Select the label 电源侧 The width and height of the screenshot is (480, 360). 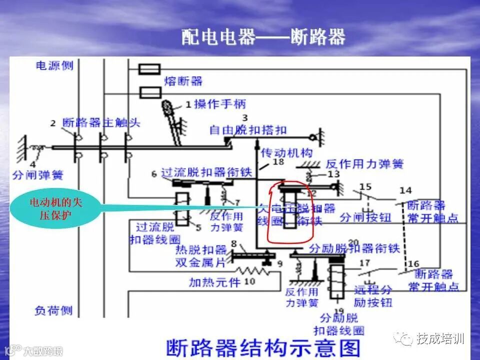click(x=54, y=65)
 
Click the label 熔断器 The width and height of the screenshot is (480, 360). click(x=183, y=81)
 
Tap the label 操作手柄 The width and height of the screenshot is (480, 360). click(x=220, y=104)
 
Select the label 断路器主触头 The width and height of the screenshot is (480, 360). click(x=101, y=122)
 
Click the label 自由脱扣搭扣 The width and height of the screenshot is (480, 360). click(x=248, y=130)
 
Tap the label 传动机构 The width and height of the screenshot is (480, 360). click(x=287, y=152)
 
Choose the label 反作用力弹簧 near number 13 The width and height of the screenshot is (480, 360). click(x=364, y=163)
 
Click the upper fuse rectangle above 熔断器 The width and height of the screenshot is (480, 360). click(x=149, y=69)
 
